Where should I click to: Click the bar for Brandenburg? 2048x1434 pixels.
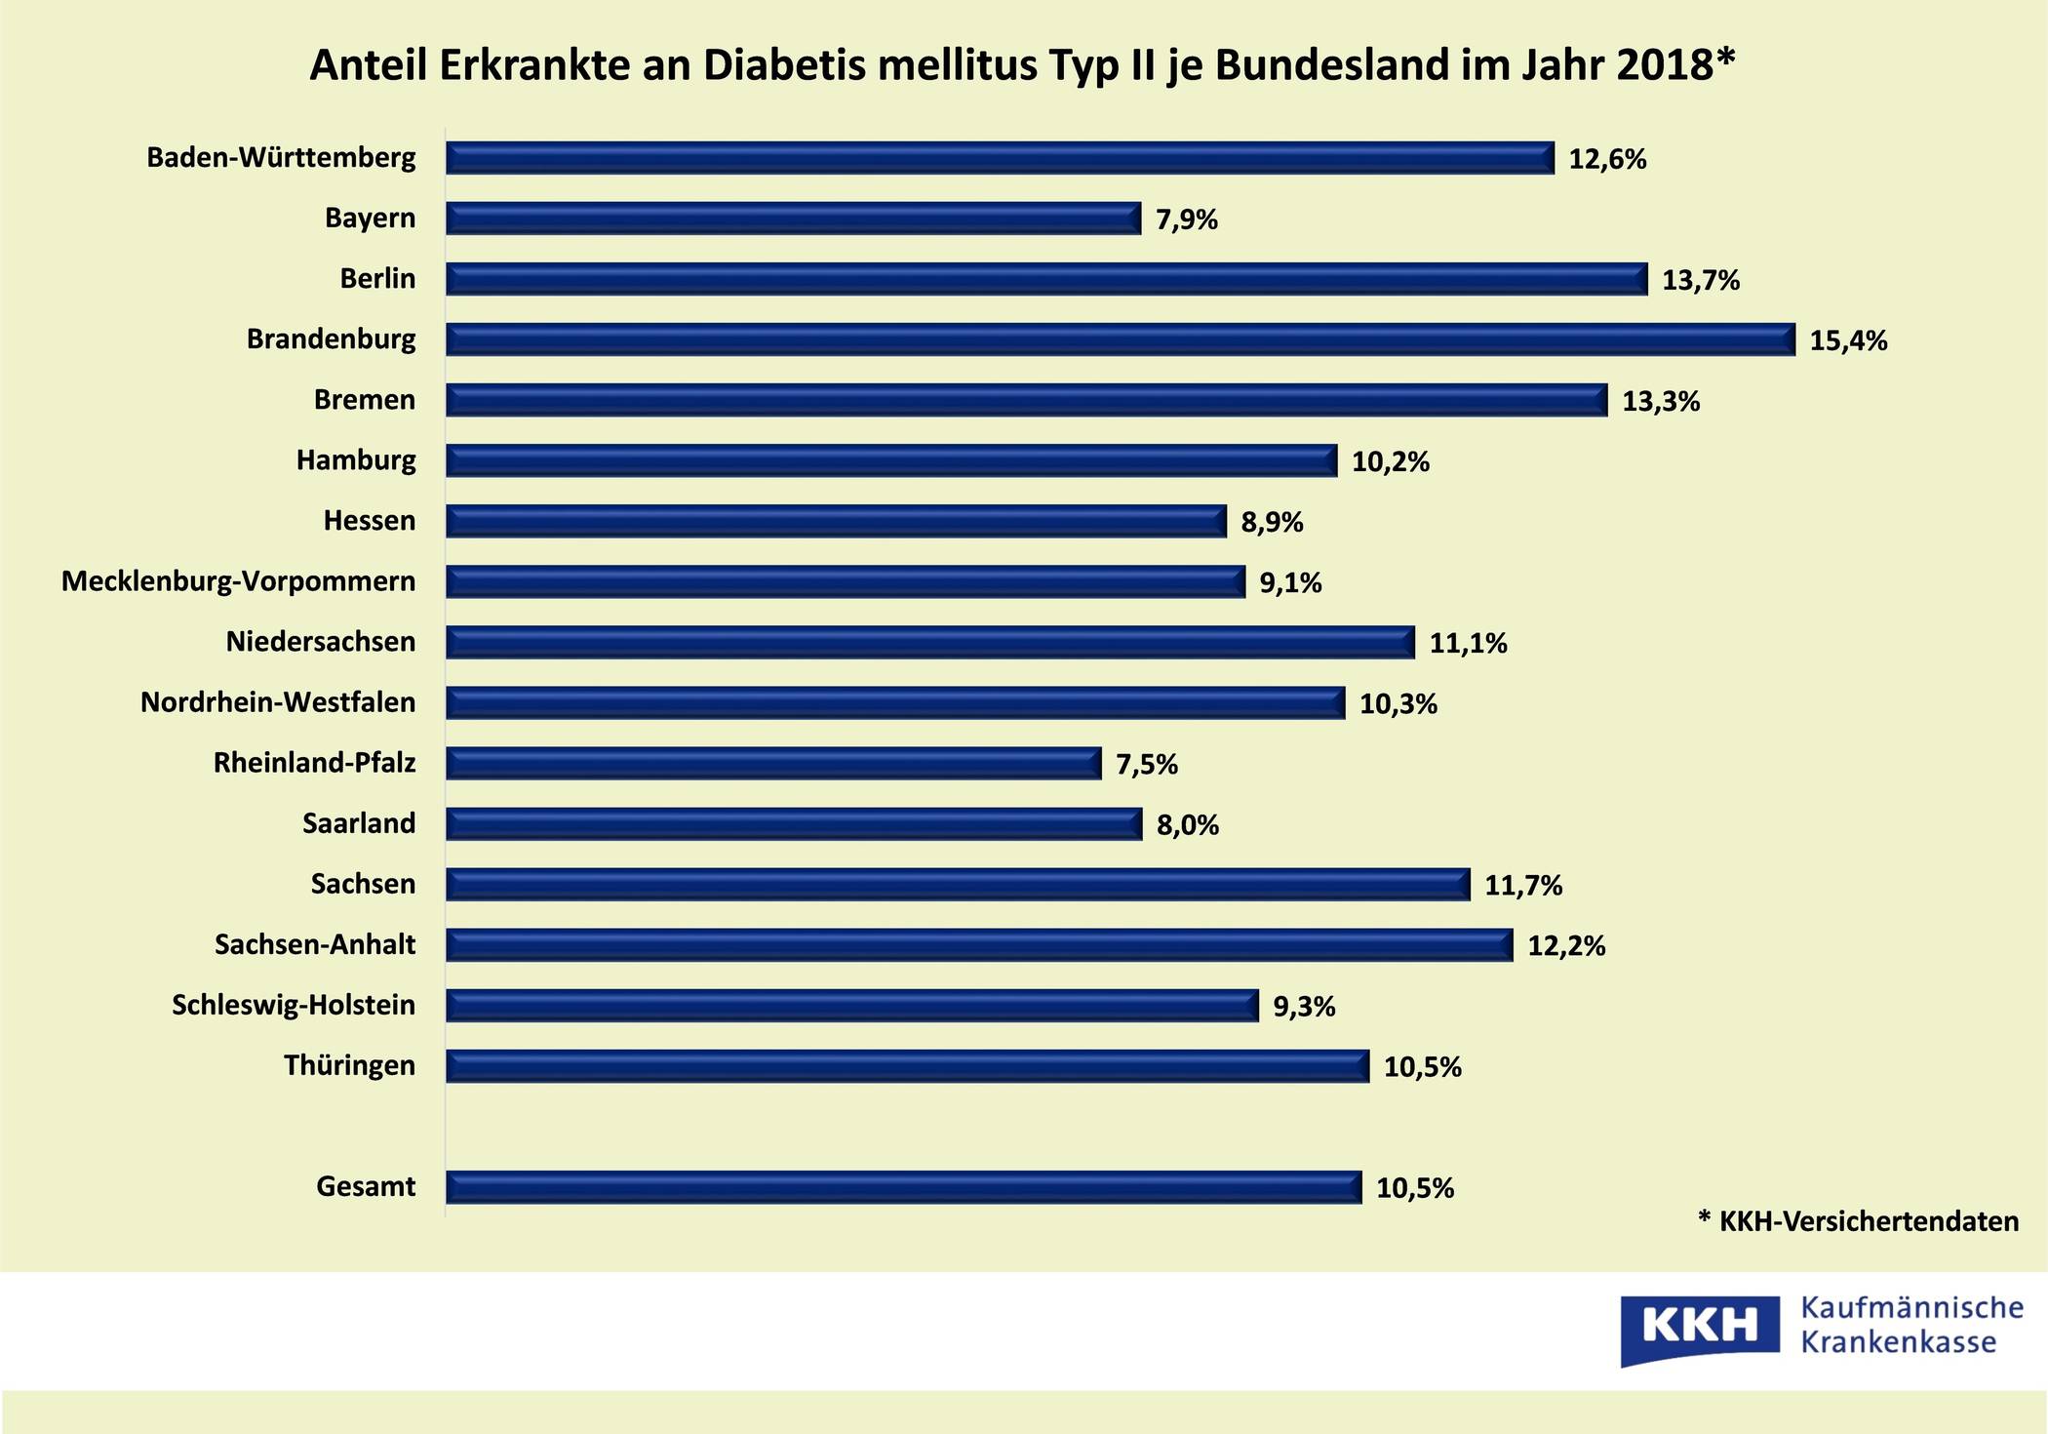pos(1120,339)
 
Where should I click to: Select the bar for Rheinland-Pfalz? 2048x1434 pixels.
pos(773,763)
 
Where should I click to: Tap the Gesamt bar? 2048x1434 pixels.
pos(903,1187)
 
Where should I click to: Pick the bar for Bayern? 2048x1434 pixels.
pos(793,219)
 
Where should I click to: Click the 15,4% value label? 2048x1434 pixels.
pos(1848,340)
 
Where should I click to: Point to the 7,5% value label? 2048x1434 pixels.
pos(1147,764)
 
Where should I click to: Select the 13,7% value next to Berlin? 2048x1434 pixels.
pos(1701,280)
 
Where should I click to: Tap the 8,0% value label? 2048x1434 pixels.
pos(1188,825)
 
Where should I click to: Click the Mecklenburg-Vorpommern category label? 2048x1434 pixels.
pos(238,581)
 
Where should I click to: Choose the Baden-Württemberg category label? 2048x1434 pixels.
pos(281,157)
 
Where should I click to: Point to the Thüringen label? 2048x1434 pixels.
pos(349,1065)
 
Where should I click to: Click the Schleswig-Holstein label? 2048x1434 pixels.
pos(294,1005)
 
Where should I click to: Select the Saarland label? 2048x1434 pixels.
pos(359,823)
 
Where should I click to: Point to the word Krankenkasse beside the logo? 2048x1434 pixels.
pos(1898,1343)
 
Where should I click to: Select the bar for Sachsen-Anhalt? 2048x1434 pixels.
pos(979,944)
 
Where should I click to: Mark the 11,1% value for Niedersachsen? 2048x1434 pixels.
pos(1468,643)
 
